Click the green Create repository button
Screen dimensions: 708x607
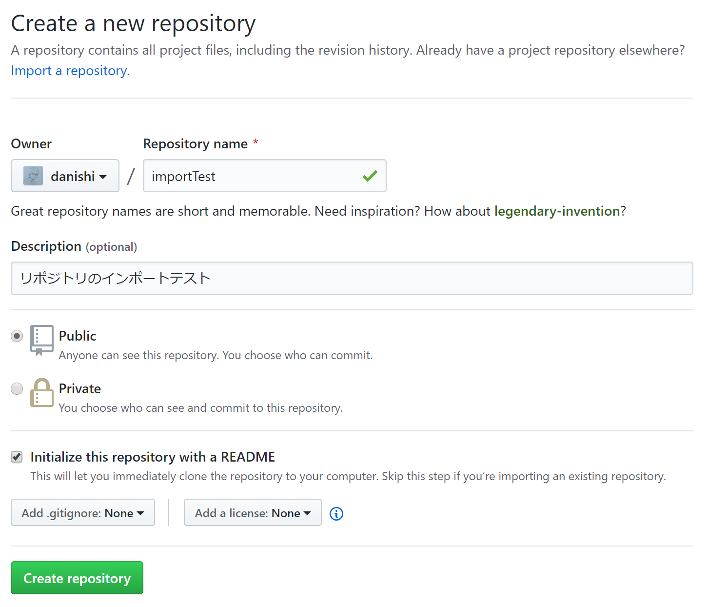[77, 578]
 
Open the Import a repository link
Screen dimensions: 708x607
[70, 71]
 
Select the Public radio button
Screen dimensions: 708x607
[17, 336]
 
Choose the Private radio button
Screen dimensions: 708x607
[17, 389]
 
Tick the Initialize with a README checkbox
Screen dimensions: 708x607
[17, 457]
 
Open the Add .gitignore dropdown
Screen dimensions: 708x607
[83, 513]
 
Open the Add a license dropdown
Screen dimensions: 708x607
[253, 513]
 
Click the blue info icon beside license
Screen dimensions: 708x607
[336, 514]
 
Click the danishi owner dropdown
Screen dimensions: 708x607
[65, 176]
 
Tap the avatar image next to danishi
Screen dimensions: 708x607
[33, 176]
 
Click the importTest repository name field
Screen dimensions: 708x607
[265, 176]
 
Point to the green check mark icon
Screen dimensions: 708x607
[370, 176]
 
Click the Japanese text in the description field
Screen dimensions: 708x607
[116, 278]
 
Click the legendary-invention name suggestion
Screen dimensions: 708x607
[557, 211]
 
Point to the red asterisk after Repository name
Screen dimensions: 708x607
[256, 141]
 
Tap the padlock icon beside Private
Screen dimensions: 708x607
[42, 392]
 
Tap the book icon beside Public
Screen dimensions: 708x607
[42, 341]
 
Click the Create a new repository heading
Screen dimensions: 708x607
[133, 24]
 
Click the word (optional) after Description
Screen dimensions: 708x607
[111, 247]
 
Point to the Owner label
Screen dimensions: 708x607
[31, 143]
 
